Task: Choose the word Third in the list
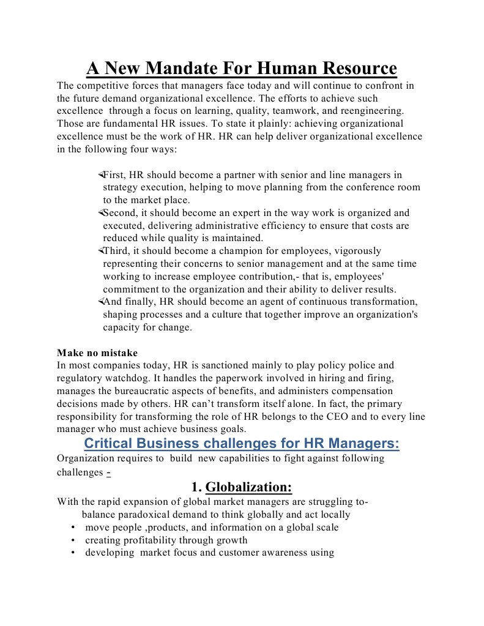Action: pyautogui.click(x=116, y=251)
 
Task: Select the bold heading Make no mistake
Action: pyautogui.click(x=97, y=352)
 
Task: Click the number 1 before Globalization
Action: pyautogui.click(x=195, y=487)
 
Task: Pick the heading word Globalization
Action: pyautogui.click(x=249, y=487)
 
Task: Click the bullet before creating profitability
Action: pyautogui.click(x=73, y=540)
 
